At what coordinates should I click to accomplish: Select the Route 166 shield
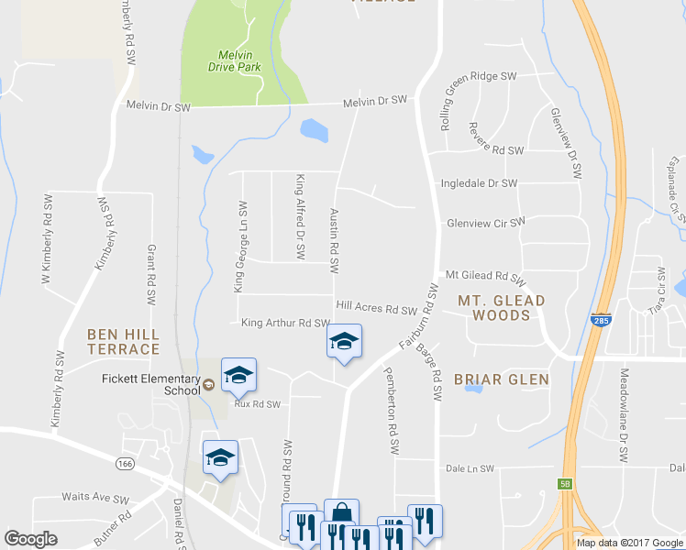pyautogui.click(x=126, y=465)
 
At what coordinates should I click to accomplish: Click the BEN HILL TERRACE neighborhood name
pyautogui.click(x=124, y=341)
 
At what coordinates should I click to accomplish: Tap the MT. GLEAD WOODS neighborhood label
pyautogui.click(x=501, y=307)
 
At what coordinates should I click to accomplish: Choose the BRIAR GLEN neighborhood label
pyautogui.click(x=501, y=379)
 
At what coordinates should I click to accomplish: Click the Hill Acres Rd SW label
pyautogui.click(x=377, y=310)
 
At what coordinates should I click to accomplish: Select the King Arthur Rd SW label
pyautogui.click(x=285, y=323)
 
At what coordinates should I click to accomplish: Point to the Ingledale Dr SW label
pyautogui.click(x=479, y=183)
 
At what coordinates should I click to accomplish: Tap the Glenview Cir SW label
pyautogui.click(x=486, y=222)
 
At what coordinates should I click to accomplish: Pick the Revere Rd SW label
pyautogui.click(x=494, y=149)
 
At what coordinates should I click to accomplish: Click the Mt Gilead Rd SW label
pyautogui.click(x=485, y=276)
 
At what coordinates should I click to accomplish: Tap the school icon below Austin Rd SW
pyautogui.click(x=345, y=342)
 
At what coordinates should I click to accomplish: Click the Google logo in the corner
pyautogui.click(x=30, y=539)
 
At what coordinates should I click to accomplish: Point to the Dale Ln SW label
pyautogui.click(x=469, y=468)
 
